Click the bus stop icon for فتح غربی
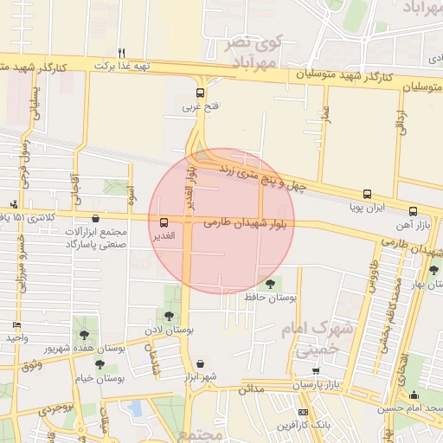pyautogui.click(x=201, y=93)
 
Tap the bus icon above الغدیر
pyautogui.click(x=164, y=222)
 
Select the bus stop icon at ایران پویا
pyautogui.click(x=367, y=195)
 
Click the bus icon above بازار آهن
pyautogui.click(x=414, y=211)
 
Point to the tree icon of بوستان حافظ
pyautogui.click(x=271, y=284)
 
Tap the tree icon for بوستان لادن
pyautogui.click(x=169, y=316)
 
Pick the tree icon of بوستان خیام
pyautogui.click(x=100, y=364)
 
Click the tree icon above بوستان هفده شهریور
pyautogui.click(x=84, y=334)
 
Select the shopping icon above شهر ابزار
pyautogui.click(x=202, y=363)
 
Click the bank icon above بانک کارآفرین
pyautogui.click(x=302, y=412)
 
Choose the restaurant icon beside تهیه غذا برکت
pyautogui.click(x=122, y=53)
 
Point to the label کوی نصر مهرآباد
pyautogui.click(x=254, y=53)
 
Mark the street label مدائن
pyautogui.click(x=251, y=390)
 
